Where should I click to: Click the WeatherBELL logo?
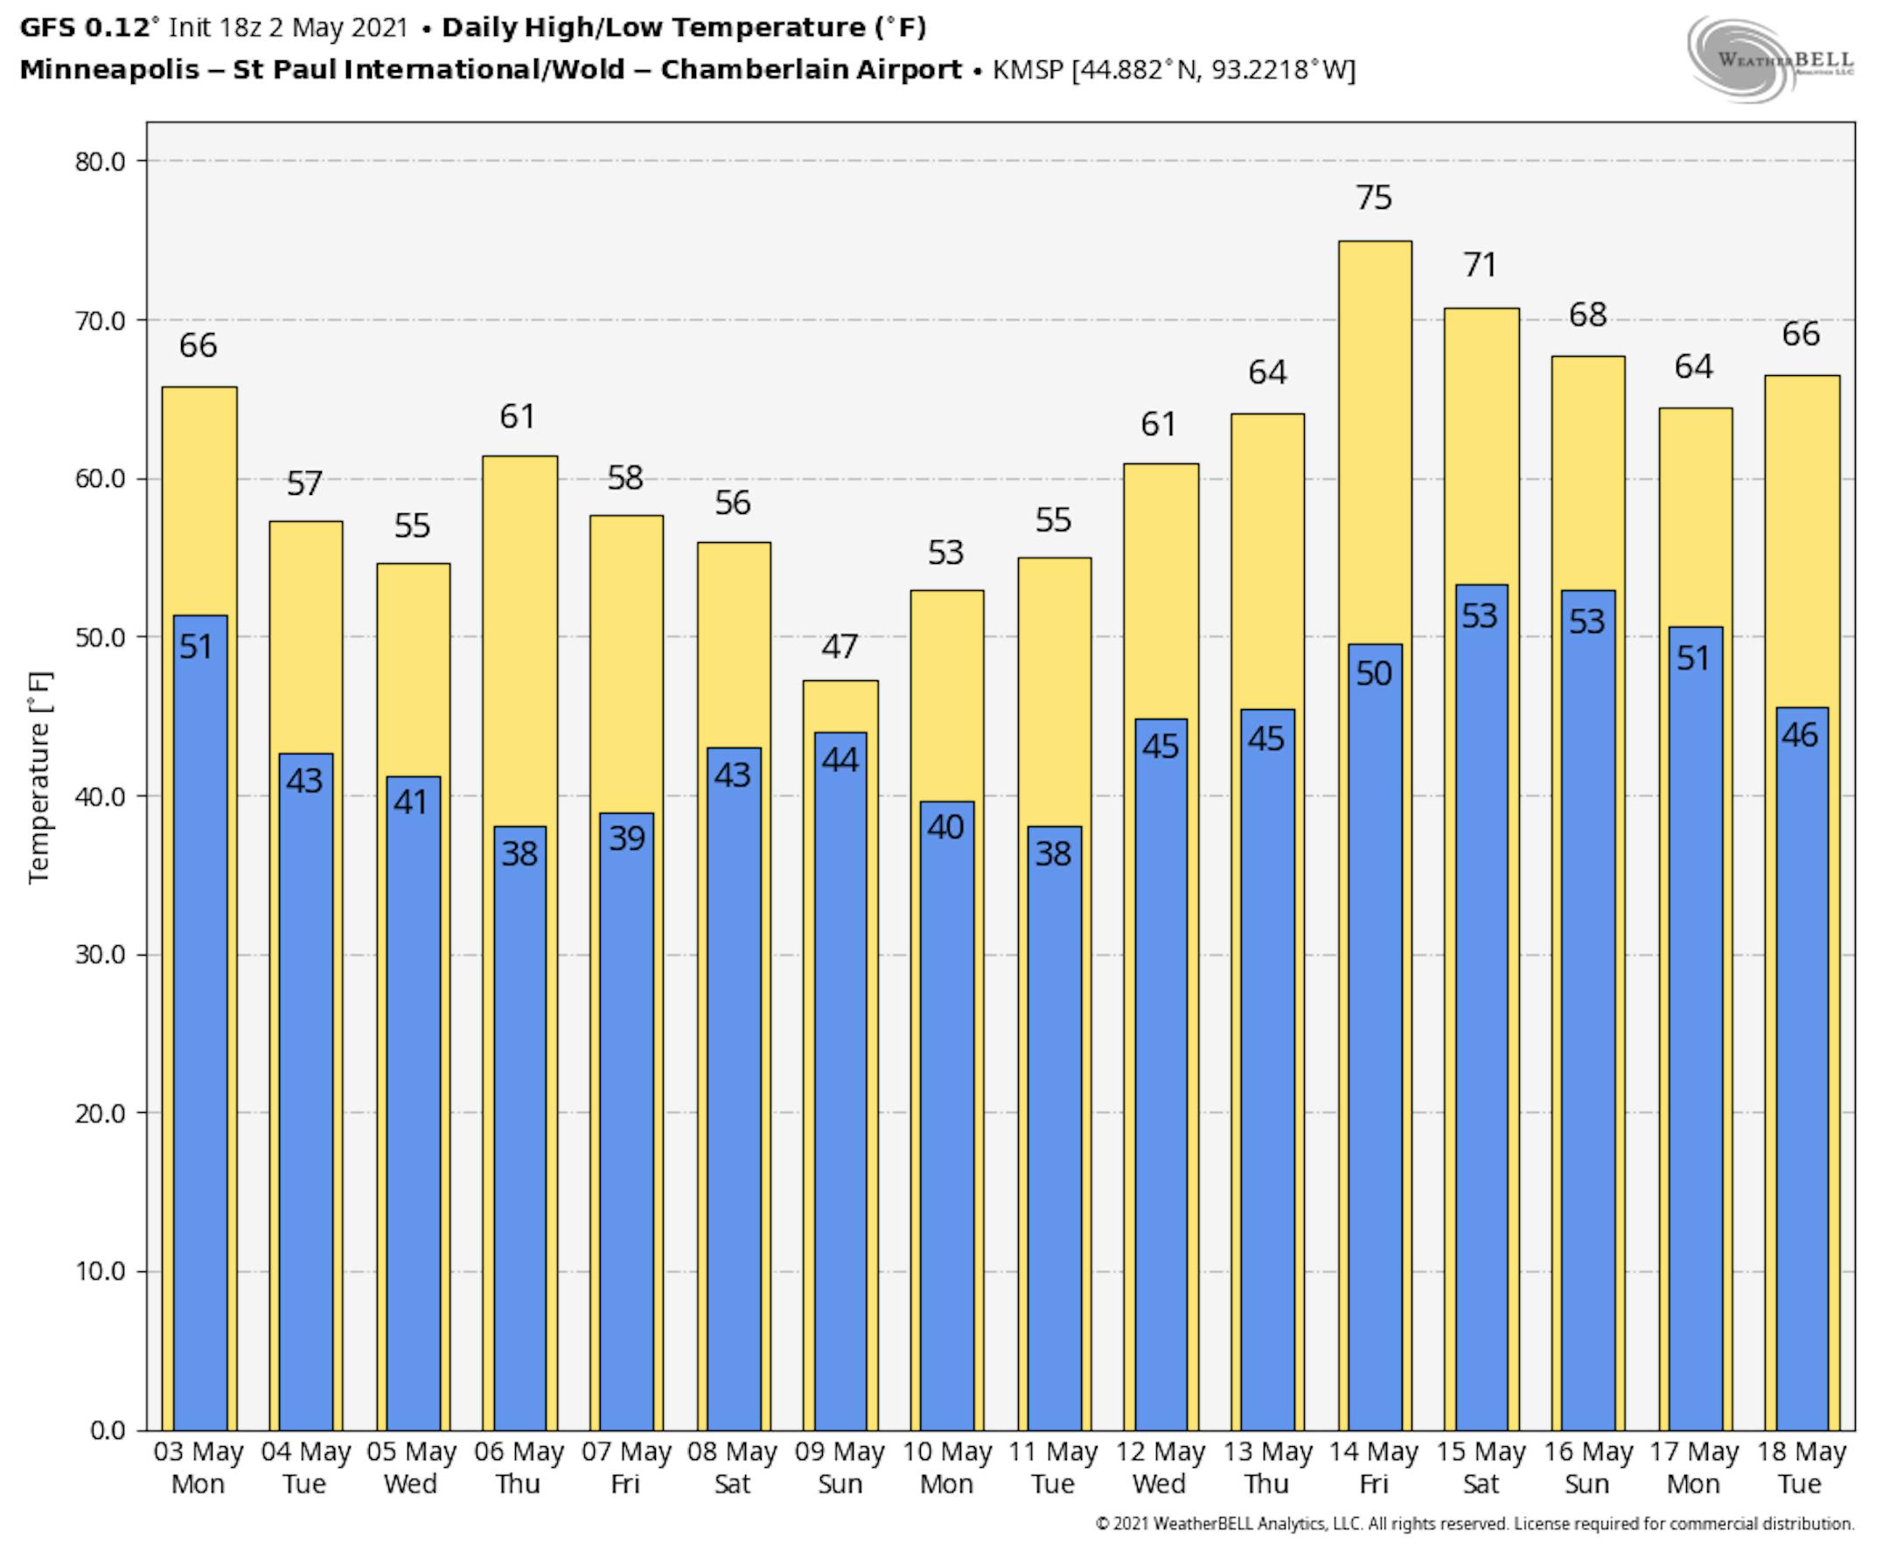(1769, 59)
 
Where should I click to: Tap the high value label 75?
(1373, 198)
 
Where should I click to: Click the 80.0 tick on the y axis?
(99, 162)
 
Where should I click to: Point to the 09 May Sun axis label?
(839, 1467)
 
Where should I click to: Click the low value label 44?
(840, 761)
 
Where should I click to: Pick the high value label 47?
(840, 646)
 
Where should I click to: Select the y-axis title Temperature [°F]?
(39, 777)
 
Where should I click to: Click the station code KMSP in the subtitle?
(1028, 70)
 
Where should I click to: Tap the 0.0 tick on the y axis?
(108, 1430)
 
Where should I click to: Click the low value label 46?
(1800, 735)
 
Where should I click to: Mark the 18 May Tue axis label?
(1801, 1467)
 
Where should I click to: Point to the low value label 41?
(411, 803)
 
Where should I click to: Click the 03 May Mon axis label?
(199, 1467)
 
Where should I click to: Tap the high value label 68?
(1587, 315)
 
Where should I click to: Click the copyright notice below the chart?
(1474, 1524)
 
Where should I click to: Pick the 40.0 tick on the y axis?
(99, 796)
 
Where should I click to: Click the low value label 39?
(626, 838)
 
